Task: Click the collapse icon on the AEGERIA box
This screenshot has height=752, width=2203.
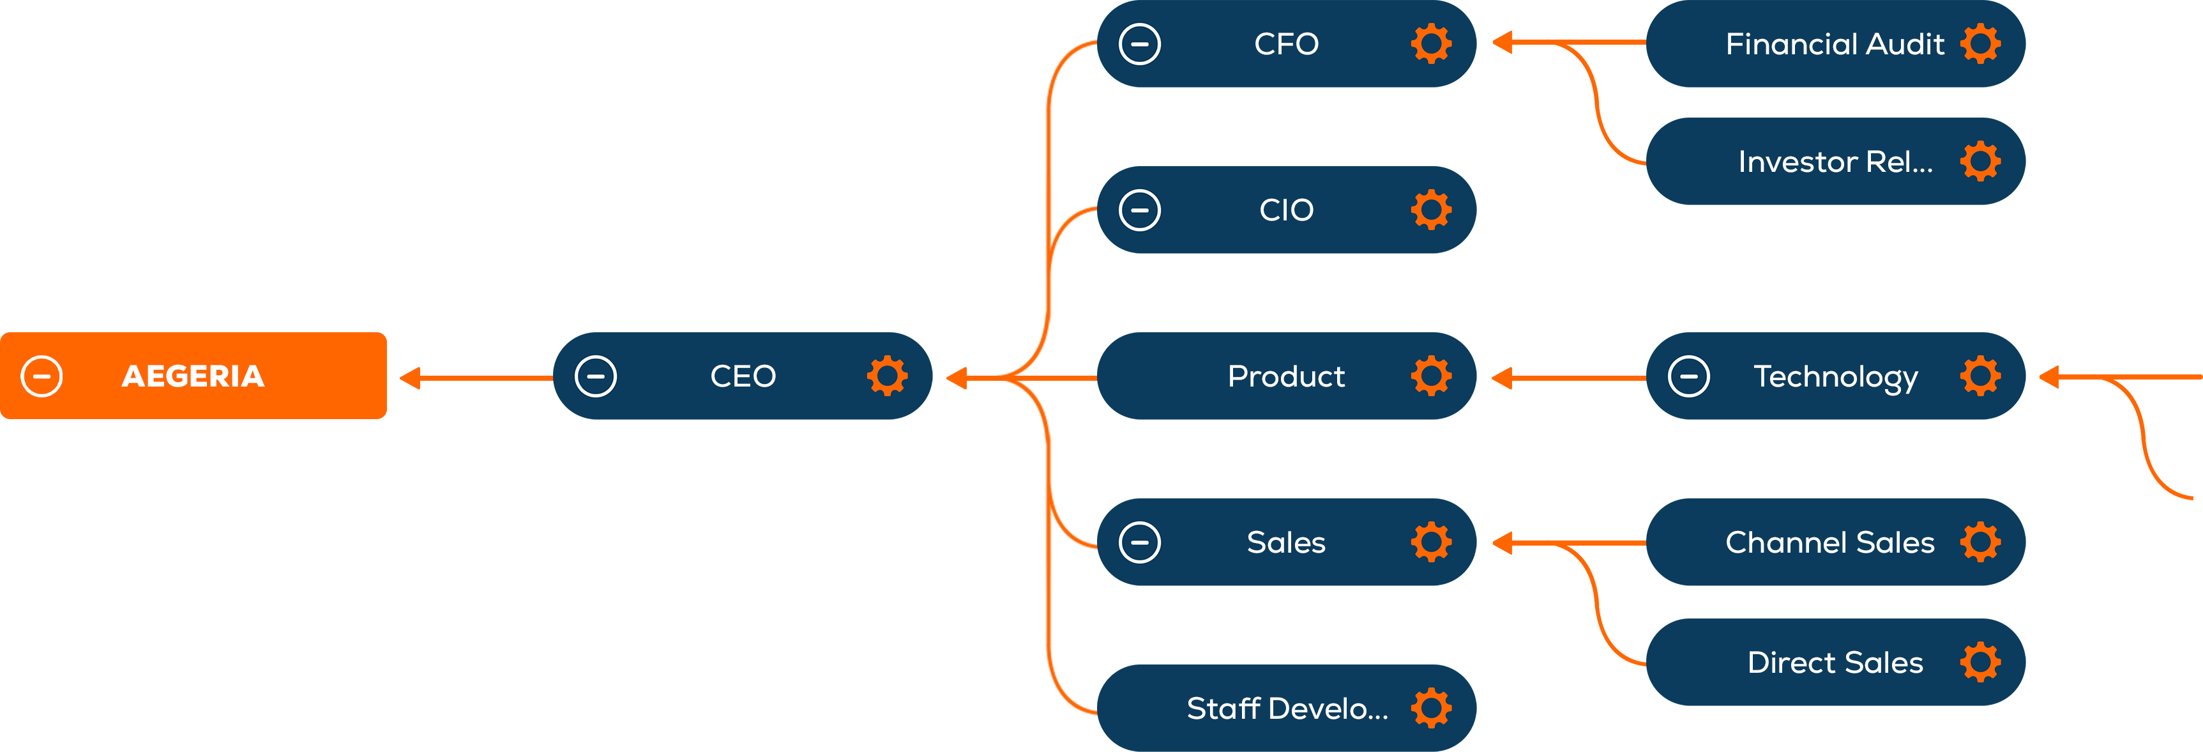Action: point(41,376)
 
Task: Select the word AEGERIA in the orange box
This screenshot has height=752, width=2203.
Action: point(193,376)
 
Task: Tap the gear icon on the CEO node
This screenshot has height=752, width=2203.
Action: point(887,376)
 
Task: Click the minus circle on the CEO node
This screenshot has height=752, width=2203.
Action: point(595,376)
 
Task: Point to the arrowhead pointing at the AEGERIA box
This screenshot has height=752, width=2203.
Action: point(411,378)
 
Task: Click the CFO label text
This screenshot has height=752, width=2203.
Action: point(1286,43)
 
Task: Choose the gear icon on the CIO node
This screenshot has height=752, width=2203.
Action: point(1431,210)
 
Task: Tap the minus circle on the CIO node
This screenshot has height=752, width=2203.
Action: point(1140,210)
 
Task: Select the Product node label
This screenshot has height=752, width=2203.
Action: point(1286,376)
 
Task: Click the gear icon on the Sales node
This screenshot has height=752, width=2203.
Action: point(1431,542)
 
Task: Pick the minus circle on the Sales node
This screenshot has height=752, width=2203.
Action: point(1140,542)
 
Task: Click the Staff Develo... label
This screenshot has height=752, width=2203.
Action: point(1287,709)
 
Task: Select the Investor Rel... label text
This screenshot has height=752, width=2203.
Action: point(1835,162)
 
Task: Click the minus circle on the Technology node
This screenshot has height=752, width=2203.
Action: point(1689,376)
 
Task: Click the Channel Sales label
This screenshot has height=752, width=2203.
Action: point(1830,542)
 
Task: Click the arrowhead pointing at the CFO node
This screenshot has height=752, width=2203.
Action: point(1503,42)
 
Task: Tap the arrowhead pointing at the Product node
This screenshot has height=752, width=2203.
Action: point(1503,378)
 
